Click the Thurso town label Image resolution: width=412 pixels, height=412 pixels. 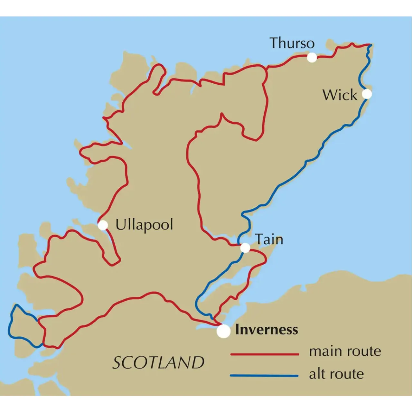coord(292,43)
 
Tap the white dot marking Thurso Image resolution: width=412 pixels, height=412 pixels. coord(312,58)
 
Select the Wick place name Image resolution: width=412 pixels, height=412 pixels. coord(340,95)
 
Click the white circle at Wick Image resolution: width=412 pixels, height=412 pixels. coord(367,94)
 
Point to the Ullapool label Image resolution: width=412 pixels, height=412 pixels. coord(144,225)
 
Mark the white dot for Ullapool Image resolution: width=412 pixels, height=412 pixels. coord(103,225)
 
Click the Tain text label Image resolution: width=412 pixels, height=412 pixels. coord(269,239)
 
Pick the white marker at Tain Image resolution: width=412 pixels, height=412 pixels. coord(245,248)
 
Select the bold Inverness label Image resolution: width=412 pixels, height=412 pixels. coord(267,330)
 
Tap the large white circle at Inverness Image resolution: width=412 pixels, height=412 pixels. coord(223,331)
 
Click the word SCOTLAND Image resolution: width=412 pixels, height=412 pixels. coord(158,363)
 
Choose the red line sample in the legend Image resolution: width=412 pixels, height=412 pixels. coord(265,354)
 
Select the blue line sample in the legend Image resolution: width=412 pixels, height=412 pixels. coord(265,376)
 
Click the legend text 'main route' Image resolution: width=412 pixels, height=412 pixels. coord(345,351)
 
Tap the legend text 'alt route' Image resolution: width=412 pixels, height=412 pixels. coord(336,374)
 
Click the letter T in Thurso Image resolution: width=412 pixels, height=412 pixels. coord(274,43)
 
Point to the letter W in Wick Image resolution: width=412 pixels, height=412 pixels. coord(330,95)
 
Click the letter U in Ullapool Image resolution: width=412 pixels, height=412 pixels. coord(120,224)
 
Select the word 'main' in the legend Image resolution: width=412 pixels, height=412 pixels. coord(324,351)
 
